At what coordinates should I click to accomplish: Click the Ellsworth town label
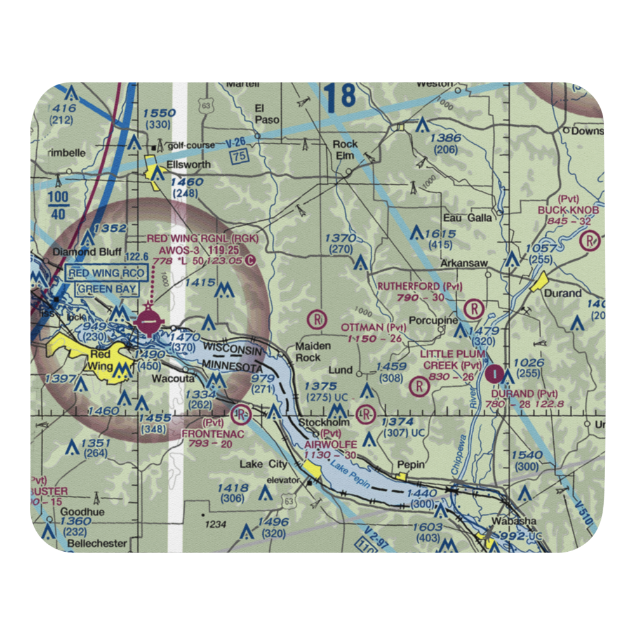[x=179, y=164]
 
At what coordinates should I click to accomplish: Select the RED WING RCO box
[x=106, y=274]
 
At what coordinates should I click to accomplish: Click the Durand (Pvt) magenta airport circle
[x=495, y=375]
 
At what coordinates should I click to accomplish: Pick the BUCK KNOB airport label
[x=568, y=210]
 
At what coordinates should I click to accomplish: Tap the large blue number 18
[x=339, y=95]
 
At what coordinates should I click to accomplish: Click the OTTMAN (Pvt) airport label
[x=373, y=327]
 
